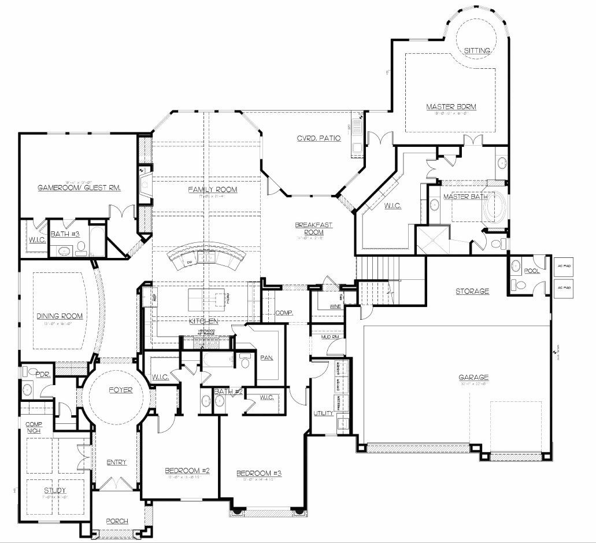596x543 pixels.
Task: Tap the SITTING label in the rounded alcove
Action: point(477,50)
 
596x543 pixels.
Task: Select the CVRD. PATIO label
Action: point(319,138)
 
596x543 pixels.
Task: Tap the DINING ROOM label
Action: point(60,316)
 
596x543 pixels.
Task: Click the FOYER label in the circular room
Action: point(120,390)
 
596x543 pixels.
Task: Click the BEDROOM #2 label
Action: point(187,470)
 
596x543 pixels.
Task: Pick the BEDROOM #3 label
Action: point(259,474)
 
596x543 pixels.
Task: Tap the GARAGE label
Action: point(475,378)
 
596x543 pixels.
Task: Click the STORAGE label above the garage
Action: point(472,291)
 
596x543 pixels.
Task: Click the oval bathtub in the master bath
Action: point(496,208)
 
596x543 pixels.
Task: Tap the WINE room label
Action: point(318,306)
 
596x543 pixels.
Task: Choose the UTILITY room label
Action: point(322,413)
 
